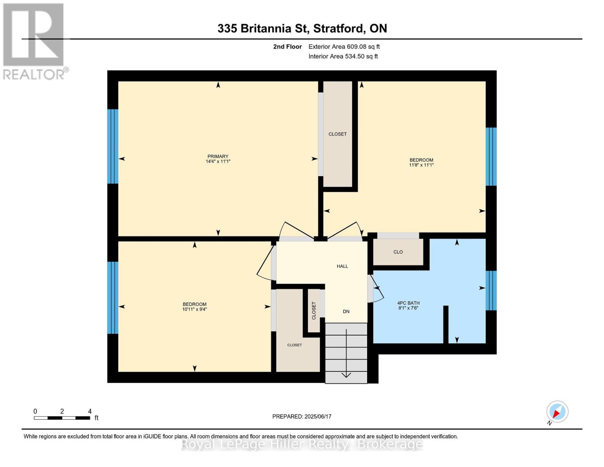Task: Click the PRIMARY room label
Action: (x=218, y=156)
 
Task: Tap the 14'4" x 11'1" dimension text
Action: (x=218, y=162)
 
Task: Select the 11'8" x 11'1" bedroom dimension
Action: (x=421, y=165)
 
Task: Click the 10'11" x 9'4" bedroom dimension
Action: (x=194, y=309)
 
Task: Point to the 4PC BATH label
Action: (x=408, y=303)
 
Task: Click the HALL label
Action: (x=342, y=266)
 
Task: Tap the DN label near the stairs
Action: (x=346, y=311)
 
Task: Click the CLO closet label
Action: (x=398, y=252)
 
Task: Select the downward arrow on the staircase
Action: (x=346, y=374)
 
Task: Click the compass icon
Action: (x=557, y=412)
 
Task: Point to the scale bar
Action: (x=62, y=418)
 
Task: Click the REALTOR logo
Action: (x=34, y=41)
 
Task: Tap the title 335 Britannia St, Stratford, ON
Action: (x=302, y=28)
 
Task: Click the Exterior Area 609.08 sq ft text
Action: (x=344, y=47)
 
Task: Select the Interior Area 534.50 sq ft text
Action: (x=343, y=56)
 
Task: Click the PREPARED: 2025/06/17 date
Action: (x=302, y=416)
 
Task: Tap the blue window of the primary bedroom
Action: (x=113, y=146)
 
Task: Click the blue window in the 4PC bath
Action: (x=491, y=290)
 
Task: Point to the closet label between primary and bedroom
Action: (x=338, y=134)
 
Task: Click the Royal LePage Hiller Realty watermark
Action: (x=302, y=444)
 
